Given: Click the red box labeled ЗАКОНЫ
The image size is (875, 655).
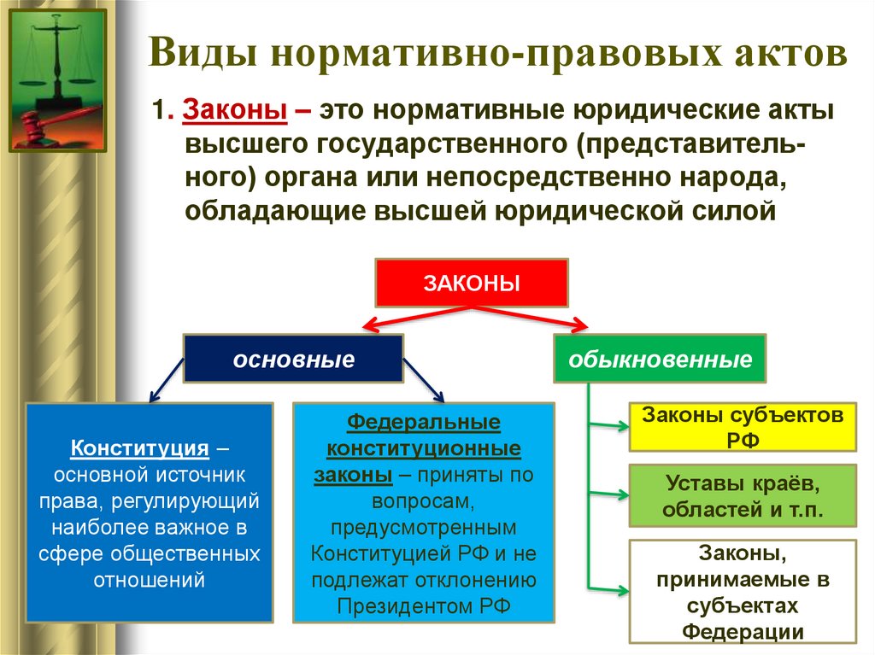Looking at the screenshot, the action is (x=472, y=282).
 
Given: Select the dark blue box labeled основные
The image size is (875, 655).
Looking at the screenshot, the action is (x=293, y=359).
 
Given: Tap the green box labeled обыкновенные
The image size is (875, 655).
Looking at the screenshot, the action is (x=661, y=359).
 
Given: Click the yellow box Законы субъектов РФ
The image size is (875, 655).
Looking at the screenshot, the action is (x=742, y=427).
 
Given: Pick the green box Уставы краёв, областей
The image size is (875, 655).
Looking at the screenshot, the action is (x=742, y=495).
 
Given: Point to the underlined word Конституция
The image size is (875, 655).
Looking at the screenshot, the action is (x=140, y=447).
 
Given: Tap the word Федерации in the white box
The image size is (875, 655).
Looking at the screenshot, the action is (x=742, y=632).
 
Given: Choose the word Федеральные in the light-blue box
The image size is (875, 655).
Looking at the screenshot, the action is (x=424, y=423).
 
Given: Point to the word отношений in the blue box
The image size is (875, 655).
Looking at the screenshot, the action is (x=150, y=581).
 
